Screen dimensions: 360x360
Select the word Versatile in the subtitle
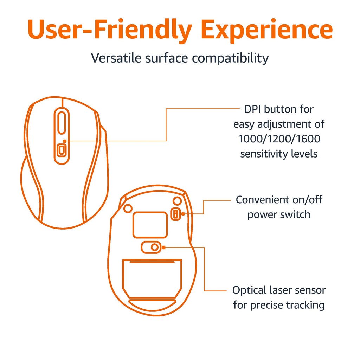(x=116, y=58)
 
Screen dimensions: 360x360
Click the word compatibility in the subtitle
(x=230, y=58)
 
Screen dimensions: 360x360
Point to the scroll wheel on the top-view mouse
(x=62, y=122)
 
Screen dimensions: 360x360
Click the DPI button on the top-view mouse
(x=62, y=150)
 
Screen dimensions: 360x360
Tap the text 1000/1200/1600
(x=279, y=139)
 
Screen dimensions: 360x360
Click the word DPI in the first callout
(x=253, y=109)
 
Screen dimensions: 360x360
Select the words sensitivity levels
(x=279, y=154)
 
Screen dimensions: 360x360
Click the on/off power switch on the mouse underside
(x=176, y=214)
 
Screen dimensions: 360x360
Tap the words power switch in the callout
(x=279, y=215)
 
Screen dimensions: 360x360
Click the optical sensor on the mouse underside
(x=155, y=247)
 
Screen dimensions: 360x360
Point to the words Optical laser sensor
(x=279, y=290)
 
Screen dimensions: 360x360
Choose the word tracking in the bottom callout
(x=305, y=306)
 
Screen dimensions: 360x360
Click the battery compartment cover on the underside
(x=152, y=279)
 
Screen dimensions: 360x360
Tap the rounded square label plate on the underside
(x=150, y=225)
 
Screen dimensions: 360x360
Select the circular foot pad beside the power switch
(x=177, y=201)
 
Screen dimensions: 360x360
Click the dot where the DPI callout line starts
(x=65, y=141)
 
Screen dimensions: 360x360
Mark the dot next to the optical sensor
(x=163, y=247)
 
